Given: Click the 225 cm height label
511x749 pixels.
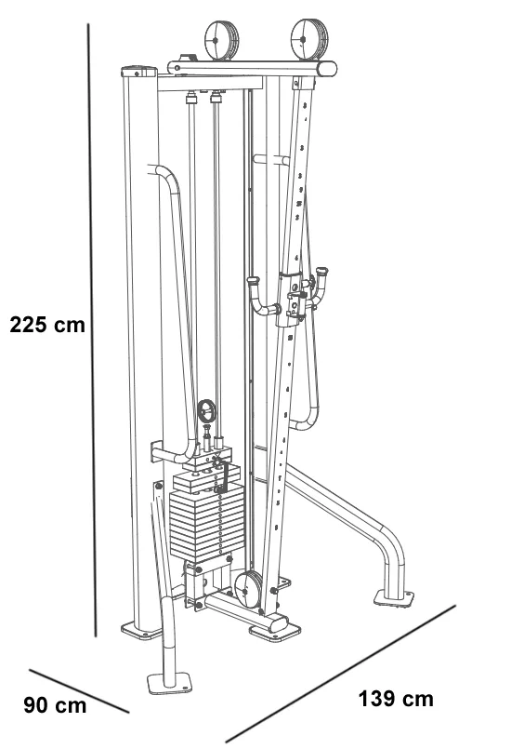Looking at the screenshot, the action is [x=47, y=325].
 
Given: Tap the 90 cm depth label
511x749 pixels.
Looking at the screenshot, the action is [x=55, y=705].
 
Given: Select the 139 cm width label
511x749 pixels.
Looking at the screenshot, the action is [x=396, y=699].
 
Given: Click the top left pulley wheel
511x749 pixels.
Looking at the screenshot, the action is [x=222, y=40].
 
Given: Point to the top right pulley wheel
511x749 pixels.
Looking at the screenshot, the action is [x=309, y=39].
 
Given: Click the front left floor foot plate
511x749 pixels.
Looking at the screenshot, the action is [x=169, y=683].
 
